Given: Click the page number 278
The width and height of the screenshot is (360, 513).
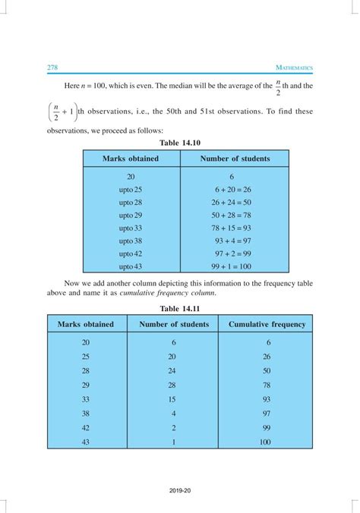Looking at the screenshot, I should (x=53, y=68).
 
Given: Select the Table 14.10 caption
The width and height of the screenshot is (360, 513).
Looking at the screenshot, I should (x=180, y=142).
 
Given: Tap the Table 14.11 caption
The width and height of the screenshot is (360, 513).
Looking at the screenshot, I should (x=180, y=309).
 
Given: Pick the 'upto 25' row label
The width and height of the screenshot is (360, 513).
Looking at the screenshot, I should (x=131, y=188).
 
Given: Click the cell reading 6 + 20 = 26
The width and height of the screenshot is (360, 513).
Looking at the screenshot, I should (x=233, y=188).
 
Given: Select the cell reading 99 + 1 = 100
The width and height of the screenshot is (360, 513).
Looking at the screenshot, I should (x=233, y=267).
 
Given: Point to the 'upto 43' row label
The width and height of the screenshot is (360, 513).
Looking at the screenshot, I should (x=131, y=267).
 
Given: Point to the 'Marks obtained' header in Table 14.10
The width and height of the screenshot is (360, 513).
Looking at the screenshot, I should (x=131, y=159).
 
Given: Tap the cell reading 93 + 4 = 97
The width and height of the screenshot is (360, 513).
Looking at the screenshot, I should (x=233, y=241).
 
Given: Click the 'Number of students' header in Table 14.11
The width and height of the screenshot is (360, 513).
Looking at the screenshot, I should (x=173, y=324).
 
